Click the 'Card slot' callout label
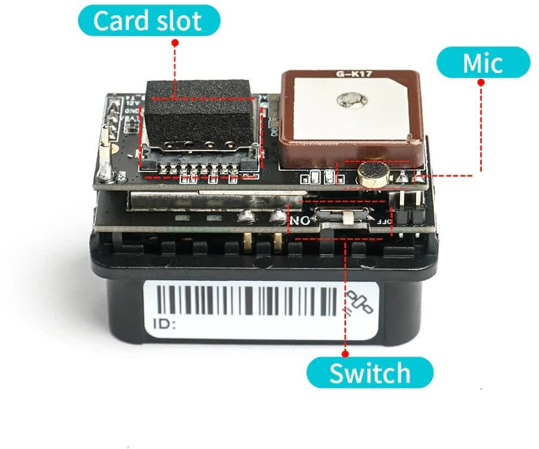pyautogui.click(x=148, y=20)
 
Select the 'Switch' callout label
pyautogui.click(x=370, y=374)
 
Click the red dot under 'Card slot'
pyautogui.click(x=175, y=43)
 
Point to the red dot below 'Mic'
pyautogui.click(x=481, y=83)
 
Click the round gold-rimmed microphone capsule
pyautogui.click(x=371, y=174)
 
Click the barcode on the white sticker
pyautogui.click(x=246, y=301)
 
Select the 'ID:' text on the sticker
pyautogui.click(x=165, y=324)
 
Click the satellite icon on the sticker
pyautogui.click(x=359, y=302)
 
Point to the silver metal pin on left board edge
pyautogui.click(x=105, y=159)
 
